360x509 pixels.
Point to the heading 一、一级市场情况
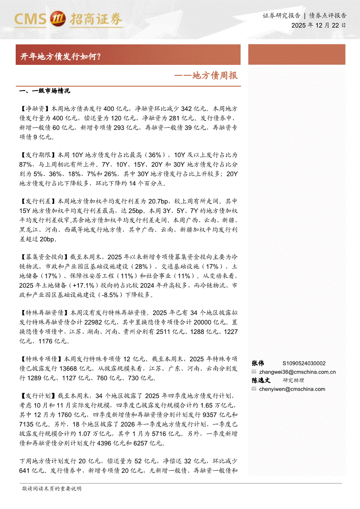point(45,91)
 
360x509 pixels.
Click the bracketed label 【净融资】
point(35,108)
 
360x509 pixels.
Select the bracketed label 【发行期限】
point(38,155)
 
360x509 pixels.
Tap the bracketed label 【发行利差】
point(38,202)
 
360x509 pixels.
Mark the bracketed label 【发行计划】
point(38,396)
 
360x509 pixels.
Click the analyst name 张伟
point(258,363)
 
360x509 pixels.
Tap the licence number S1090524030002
point(304,364)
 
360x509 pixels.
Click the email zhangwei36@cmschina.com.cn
point(297,372)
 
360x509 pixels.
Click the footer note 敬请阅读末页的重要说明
point(51,489)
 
